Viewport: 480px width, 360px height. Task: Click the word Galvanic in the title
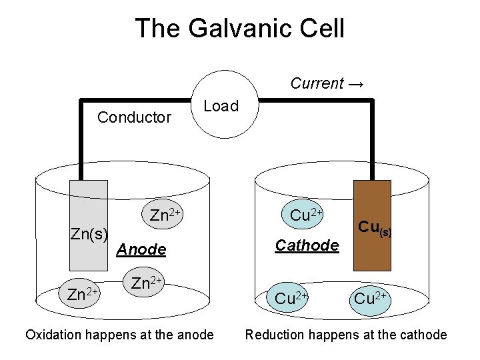[x=248, y=28]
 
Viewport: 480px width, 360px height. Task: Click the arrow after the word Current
[x=355, y=84]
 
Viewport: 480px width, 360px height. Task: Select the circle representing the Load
[x=223, y=107]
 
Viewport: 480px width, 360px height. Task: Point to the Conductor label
[x=135, y=118]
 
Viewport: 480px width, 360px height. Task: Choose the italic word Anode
[x=141, y=249]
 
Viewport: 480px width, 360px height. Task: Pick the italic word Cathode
[x=307, y=246]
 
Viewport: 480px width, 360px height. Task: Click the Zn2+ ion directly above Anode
[x=165, y=215]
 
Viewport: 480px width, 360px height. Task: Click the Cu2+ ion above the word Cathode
[x=306, y=215]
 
